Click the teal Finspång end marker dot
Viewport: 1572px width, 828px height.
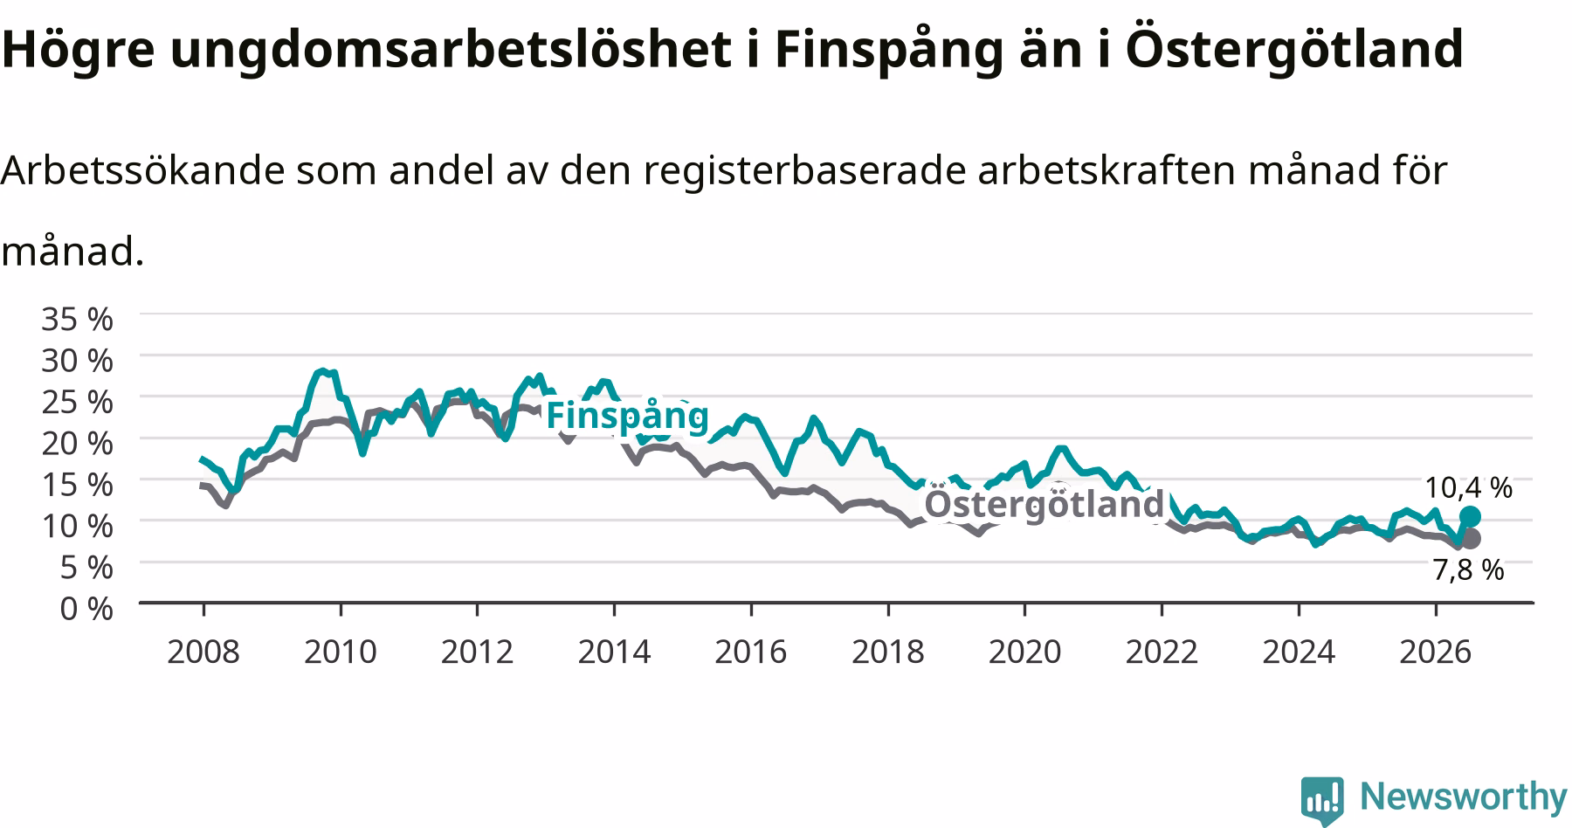pos(1470,516)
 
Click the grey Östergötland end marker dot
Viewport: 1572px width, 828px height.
pos(1471,538)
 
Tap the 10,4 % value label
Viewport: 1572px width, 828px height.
pos(1468,487)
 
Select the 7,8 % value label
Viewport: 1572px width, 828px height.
pos(1468,570)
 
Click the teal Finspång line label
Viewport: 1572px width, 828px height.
pos(627,417)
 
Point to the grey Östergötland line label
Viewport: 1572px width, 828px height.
pos(1045,504)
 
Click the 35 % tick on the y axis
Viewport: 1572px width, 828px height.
pos(78,319)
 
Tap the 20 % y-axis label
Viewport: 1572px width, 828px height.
pos(78,443)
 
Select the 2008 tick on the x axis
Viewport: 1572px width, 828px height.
pos(203,652)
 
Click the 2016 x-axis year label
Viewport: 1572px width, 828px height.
pos(751,652)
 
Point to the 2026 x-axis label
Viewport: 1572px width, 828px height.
pos(1436,652)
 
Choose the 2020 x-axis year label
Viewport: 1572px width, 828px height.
pos(1025,652)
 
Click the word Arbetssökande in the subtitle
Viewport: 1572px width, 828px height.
pos(142,171)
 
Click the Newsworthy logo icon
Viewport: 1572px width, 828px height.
pos(1323,799)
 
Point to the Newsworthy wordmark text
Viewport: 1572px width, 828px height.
pos(1463,797)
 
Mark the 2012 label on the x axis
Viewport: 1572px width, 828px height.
pos(477,652)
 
